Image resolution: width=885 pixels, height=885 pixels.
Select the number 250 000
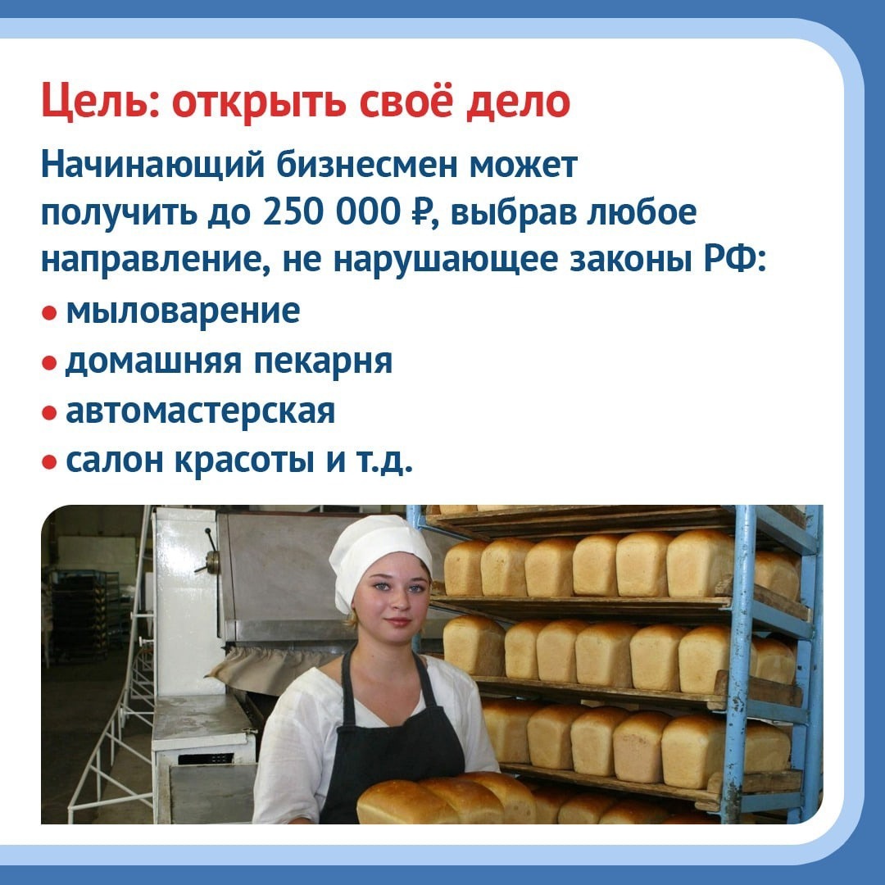pos(332,213)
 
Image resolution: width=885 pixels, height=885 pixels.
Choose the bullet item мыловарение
pos(183,311)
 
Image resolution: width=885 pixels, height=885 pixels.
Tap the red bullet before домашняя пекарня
pos(49,362)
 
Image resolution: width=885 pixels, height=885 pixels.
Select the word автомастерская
pos(201,411)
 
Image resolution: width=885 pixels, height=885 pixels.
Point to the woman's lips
pos(398,621)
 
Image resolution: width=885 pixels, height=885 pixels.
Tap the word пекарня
pos(323,362)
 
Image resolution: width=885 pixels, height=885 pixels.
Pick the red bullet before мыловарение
pos(49,312)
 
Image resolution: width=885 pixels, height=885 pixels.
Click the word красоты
pos(244,461)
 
